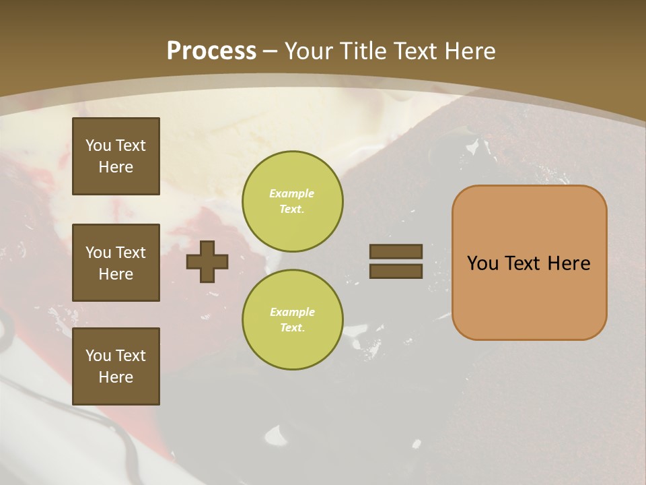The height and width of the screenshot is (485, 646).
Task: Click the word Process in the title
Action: (x=211, y=51)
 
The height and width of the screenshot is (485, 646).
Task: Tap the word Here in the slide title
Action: (x=470, y=51)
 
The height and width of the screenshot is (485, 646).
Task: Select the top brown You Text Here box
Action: (x=116, y=156)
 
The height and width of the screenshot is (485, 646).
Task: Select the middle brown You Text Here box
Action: (x=116, y=263)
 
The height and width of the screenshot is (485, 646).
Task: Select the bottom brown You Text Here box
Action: (x=116, y=366)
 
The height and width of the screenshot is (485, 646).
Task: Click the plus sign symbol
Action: (x=207, y=261)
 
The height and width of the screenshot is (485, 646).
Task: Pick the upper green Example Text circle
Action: (x=292, y=201)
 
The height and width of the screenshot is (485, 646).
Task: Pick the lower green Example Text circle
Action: (x=292, y=320)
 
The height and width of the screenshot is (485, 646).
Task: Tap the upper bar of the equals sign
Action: (x=396, y=251)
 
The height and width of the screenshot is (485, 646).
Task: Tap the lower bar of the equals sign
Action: (x=396, y=271)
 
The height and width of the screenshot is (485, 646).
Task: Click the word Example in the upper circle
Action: (x=292, y=193)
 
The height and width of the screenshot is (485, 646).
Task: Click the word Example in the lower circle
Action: (x=292, y=312)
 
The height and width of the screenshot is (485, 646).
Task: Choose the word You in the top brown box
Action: (x=98, y=145)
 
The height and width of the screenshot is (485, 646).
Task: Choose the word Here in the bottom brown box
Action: (x=116, y=377)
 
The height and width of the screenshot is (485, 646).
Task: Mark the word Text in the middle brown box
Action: (x=131, y=253)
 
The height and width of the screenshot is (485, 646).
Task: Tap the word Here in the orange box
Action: (x=569, y=263)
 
